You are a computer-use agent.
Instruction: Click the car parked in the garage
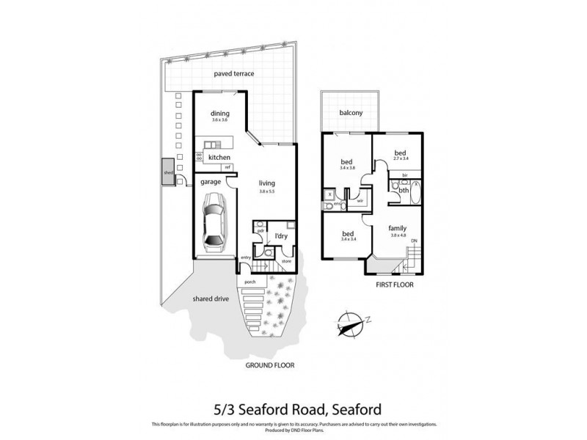pos(214,221)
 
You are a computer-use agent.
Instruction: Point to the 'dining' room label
pos(220,114)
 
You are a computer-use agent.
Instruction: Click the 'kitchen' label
pos(219,158)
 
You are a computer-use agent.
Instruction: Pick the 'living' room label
pos(267,184)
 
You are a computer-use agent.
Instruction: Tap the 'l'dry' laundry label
pos(280,236)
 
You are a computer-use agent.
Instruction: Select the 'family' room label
pos(397,228)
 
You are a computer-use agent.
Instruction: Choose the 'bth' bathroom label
pos(403,191)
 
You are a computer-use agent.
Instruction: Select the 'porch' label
pos(249,282)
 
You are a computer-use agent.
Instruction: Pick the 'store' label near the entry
pos(286,261)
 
